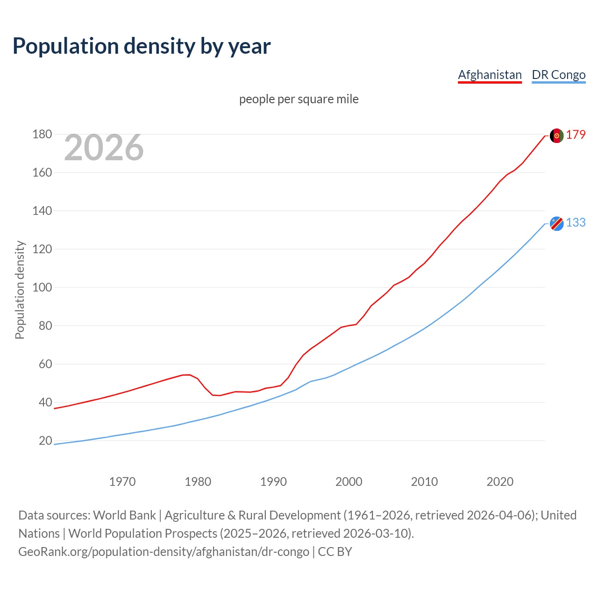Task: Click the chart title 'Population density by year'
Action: pos(142,46)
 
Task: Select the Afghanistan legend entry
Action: pos(490,75)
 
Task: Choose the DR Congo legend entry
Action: pos(558,75)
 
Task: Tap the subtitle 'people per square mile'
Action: pos(299,99)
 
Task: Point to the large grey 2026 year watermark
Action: pos(104,148)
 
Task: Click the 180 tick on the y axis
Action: pos(42,135)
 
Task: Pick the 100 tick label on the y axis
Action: pos(42,288)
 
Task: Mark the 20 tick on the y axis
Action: pos(45,441)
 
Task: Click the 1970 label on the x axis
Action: pos(122,482)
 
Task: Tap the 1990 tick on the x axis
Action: pos(273,482)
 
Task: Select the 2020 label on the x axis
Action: pos(500,482)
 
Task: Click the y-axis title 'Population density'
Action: pos(20,290)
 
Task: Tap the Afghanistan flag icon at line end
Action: pos(556,135)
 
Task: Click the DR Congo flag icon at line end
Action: pos(556,224)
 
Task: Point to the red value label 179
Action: pos(576,135)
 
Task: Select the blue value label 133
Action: pos(576,223)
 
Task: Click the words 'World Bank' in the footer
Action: pos(124,515)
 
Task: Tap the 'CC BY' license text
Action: pos(335,552)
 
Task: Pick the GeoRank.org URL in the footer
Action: pos(164,552)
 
